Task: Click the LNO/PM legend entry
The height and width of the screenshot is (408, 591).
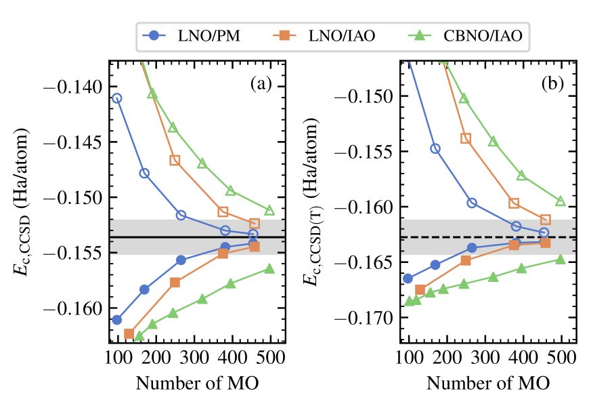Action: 185,36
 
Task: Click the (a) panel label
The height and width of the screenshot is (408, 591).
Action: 261,84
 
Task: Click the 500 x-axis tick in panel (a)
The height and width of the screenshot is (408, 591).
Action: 270,359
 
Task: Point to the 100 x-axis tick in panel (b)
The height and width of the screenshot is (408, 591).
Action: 408,359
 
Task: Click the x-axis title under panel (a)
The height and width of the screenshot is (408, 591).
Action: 197,382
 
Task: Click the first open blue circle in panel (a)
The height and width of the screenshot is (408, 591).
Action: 116,98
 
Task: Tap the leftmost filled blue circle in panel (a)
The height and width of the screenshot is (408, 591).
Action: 116,319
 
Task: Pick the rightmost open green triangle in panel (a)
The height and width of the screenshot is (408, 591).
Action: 269,210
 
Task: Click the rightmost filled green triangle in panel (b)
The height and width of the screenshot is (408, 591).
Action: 561,259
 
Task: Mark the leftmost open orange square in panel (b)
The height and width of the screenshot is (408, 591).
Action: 466,138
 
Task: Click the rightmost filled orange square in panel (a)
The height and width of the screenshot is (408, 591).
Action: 254,246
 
